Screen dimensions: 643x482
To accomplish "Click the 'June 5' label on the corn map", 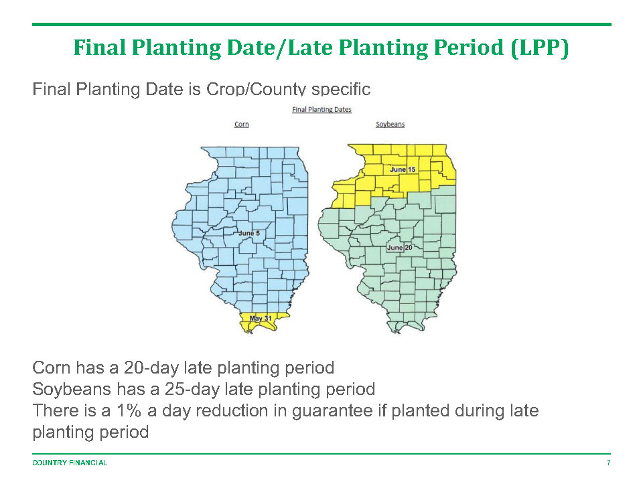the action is click(249, 233).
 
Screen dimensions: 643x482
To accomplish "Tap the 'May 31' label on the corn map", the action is click(261, 319).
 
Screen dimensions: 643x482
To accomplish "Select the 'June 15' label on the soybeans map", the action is click(403, 169).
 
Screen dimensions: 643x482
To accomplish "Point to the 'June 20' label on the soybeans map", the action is click(399, 248).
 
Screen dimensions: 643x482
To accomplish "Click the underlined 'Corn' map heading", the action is click(242, 125).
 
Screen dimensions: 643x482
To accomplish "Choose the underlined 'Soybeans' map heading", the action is click(390, 125).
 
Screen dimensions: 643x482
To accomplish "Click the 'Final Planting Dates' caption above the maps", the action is click(322, 109).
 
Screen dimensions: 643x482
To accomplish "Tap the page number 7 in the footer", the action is click(609, 463).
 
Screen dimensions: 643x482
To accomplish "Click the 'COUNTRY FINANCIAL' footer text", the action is click(70, 463).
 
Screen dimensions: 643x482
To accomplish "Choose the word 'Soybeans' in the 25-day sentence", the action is click(72, 389).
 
